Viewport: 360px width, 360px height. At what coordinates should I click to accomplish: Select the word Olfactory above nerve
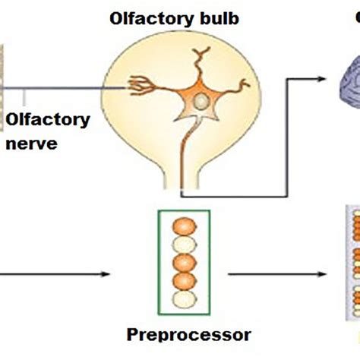point(48,119)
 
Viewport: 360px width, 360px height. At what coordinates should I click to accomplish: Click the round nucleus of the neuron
point(198,101)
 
